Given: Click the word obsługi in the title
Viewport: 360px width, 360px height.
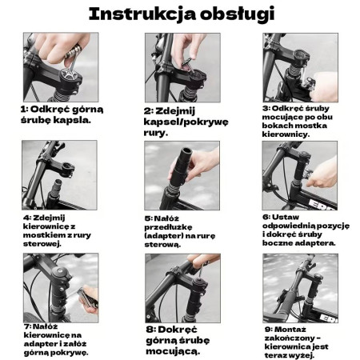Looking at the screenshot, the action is coord(238,14).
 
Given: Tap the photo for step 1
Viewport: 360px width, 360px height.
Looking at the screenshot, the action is coord(61,67).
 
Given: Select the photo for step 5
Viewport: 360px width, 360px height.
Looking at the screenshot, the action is coord(182,175).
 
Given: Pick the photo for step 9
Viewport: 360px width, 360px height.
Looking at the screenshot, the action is coord(301,288).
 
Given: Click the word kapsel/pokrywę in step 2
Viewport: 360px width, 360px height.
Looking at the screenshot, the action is coord(186,122).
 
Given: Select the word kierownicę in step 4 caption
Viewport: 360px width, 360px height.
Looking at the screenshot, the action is coord(46,227).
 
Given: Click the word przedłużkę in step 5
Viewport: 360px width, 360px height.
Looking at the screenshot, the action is coord(168,227).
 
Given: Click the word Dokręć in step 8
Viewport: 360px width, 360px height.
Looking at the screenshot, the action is coord(178,330).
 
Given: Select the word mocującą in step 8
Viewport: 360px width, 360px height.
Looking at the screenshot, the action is coord(173,351).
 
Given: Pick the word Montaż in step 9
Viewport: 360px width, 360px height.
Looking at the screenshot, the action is coord(290,330).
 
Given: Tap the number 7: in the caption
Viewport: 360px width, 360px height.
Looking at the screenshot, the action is coord(27,326).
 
